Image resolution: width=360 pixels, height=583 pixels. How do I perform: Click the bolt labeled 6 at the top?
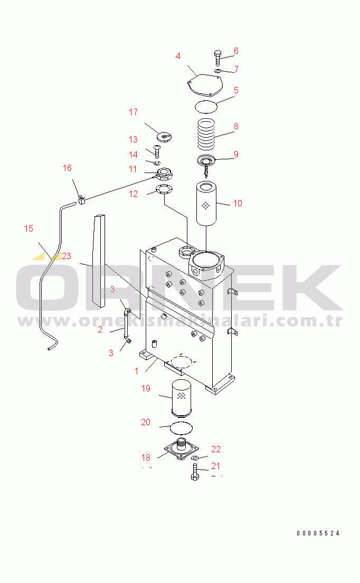(217, 58)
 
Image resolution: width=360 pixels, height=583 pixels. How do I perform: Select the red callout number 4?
(178, 56)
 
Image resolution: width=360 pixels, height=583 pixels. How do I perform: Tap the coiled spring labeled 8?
(206, 133)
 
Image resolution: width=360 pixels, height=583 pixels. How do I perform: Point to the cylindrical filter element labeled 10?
(206, 203)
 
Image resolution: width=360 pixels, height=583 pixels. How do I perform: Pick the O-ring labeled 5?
(206, 106)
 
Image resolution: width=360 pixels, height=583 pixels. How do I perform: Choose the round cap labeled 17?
(164, 137)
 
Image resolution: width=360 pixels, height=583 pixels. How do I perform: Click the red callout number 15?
(29, 228)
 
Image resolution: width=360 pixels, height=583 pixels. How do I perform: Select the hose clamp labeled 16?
(82, 201)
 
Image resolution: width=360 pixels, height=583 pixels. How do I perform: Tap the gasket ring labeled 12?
(164, 189)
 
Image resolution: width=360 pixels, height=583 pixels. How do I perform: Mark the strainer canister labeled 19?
(181, 398)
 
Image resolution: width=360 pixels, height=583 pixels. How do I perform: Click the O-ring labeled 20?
(182, 427)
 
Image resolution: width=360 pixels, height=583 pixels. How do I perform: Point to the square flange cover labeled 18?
(182, 449)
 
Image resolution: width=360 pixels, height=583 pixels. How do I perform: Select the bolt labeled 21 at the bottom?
(194, 472)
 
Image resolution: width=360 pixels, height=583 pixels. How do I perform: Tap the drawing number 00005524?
(318, 533)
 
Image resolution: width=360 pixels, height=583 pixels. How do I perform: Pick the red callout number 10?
(238, 203)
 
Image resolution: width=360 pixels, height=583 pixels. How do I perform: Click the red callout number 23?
(66, 256)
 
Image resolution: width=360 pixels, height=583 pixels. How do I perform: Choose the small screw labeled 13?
(157, 150)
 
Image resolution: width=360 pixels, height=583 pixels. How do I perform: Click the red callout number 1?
(137, 371)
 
